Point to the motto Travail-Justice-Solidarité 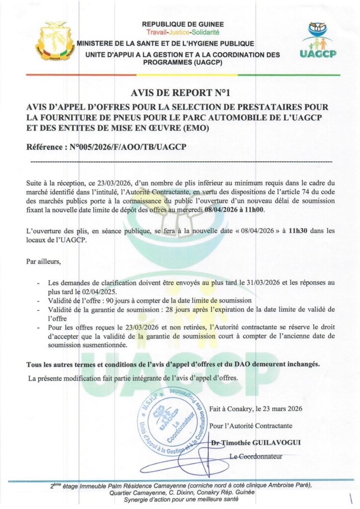[x=183, y=32]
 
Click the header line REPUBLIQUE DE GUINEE [x=183, y=24]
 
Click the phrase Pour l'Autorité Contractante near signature [x=251, y=425]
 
